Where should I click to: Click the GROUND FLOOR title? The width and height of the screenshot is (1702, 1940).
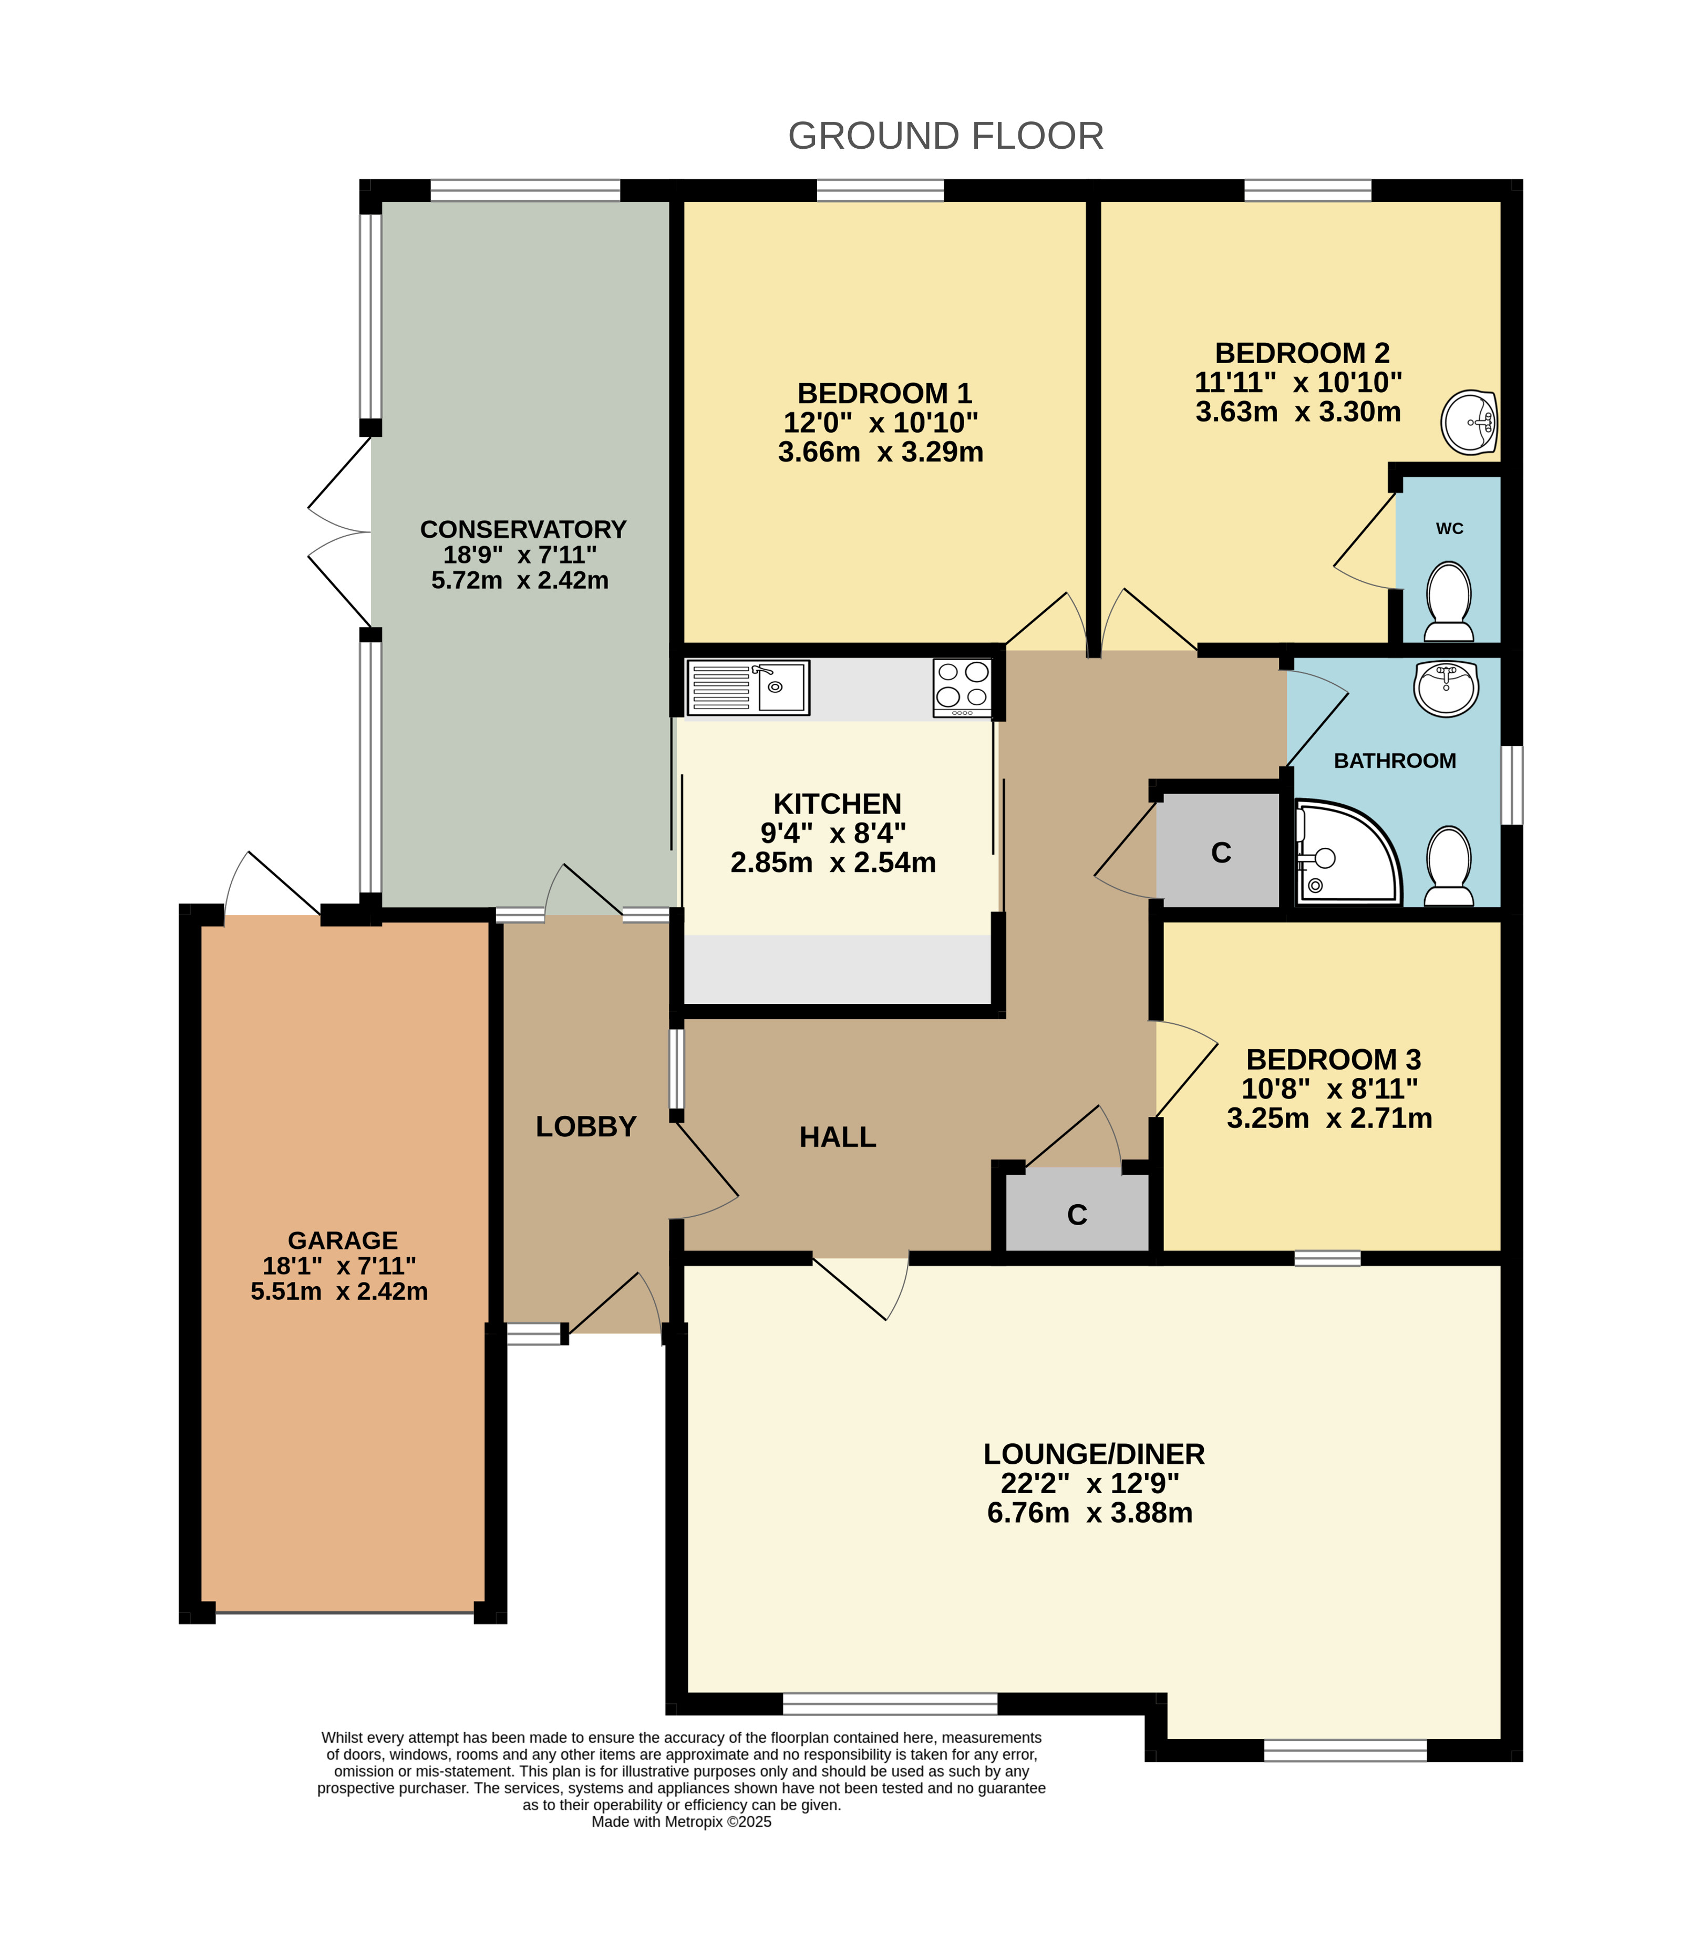945,136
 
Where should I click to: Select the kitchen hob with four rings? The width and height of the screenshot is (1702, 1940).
962,687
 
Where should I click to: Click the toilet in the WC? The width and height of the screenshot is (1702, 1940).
1448,602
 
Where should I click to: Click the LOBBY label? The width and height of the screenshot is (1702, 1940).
585,1126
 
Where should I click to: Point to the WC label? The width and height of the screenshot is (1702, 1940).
1449,529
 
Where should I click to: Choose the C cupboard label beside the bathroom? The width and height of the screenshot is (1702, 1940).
1221,853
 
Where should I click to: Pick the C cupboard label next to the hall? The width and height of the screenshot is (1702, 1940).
1077,1215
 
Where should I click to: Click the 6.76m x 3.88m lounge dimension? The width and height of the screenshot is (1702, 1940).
1089,1512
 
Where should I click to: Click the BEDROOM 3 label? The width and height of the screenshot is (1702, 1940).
1333,1059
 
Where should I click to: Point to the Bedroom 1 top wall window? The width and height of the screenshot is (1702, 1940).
880,190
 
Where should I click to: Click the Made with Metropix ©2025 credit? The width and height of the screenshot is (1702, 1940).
681,1821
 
